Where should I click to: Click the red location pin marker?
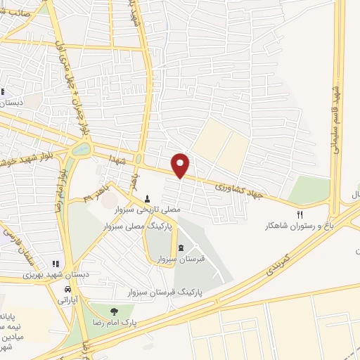181,165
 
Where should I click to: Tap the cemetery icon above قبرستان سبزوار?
181,247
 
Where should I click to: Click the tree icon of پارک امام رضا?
112,311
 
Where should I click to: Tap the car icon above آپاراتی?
67,289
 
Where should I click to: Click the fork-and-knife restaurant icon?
300,215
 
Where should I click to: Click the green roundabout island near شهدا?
81,149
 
